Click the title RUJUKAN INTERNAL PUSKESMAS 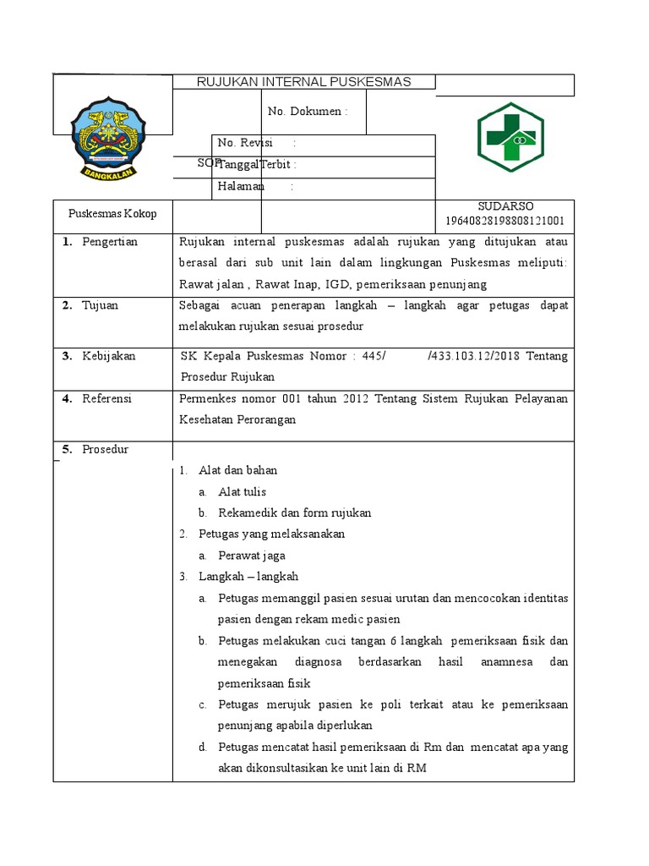click(303, 82)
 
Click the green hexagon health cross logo click(510, 137)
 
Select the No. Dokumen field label click(307, 112)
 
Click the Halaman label click(242, 186)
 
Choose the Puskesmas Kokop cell click(106, 214)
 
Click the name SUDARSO click(505, 206)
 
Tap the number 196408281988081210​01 click(505, 222)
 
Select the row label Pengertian click(109, 242)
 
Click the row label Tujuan click(100, 305)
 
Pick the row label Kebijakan click(108, 356)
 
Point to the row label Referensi click(106, 398)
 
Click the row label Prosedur click(105, 449)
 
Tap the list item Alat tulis click(243, 491)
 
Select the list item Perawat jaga click(251, 556)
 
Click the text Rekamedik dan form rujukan click(294, 512)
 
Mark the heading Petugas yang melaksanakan click(271, 534)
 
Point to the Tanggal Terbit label click(257, 165)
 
